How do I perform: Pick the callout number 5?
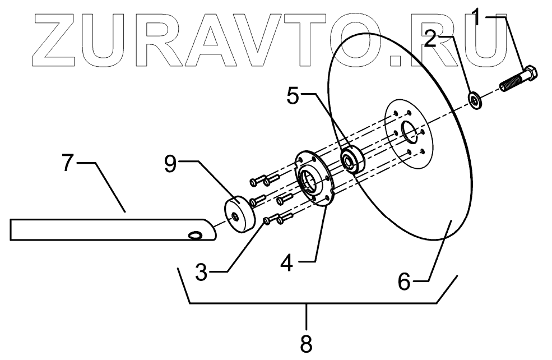coord(293,96)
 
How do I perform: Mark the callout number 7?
coord(68,163)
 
